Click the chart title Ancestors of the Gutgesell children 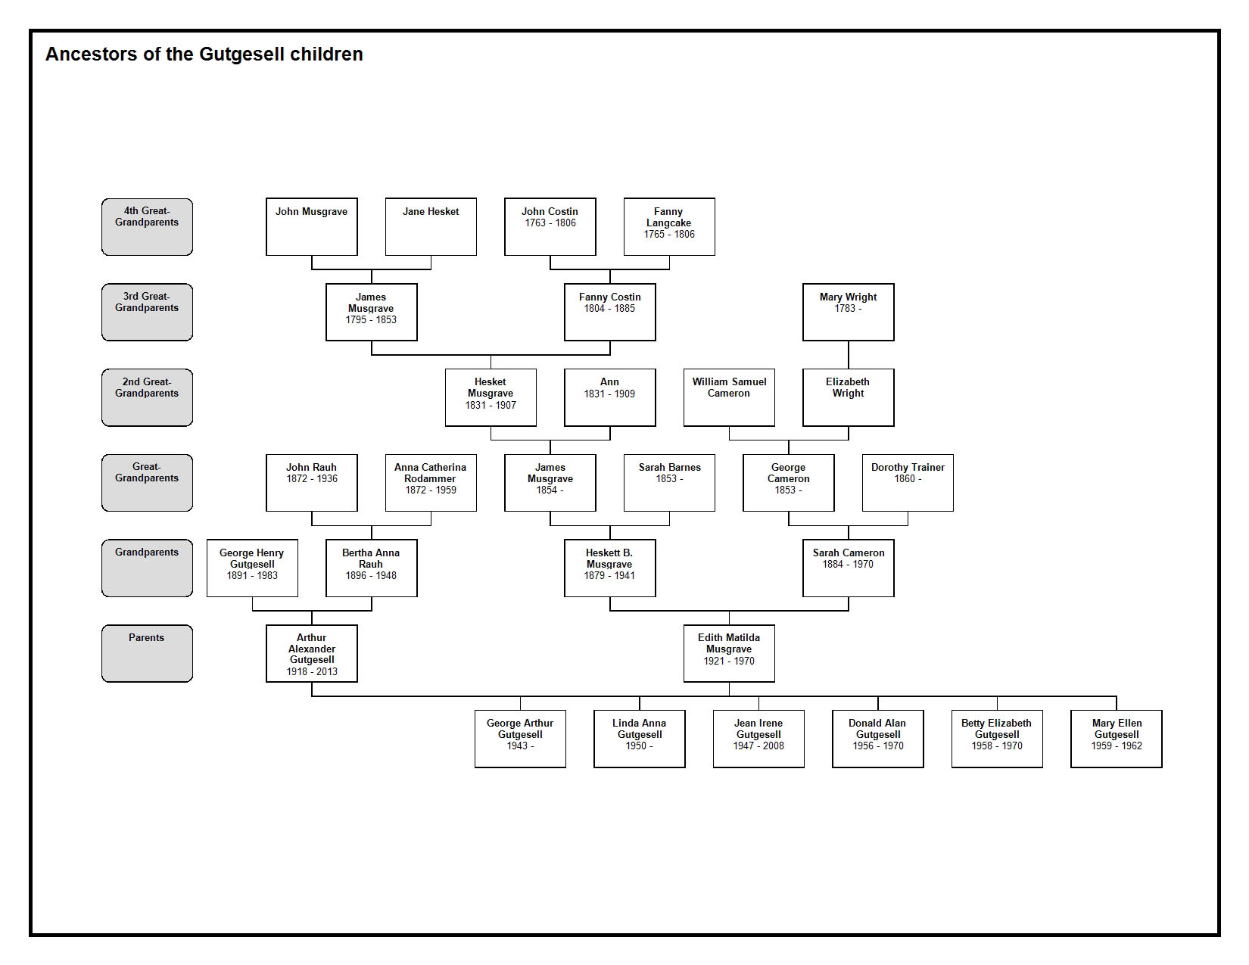click(x=204, y=54)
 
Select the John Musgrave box click(x=312, y=226)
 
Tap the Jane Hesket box click(x=431, y=226)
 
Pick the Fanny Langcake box click(x=669, y=226)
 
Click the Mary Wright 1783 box click(x=848, y=312)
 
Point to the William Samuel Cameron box click(x=729, y=397)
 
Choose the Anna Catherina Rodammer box click(x=431, y=482)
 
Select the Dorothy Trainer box click(x=908, y=482)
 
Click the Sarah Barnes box click(x=669, y=482)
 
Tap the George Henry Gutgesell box click(x=252, y=568)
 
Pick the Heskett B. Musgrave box click(x=610, y=568)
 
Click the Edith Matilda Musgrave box click(x=729, y=653)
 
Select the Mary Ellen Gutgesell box click(x=1117, y=739)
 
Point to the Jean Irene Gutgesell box click(x=758, y=739)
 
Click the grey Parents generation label click(x=147, y=653)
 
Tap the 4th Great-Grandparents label click(x=147, y=226)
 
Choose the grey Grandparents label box click(x=147, y=568)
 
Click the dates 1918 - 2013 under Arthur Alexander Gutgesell click(x=312, y=672)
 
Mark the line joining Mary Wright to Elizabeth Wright click(x=849, y=355)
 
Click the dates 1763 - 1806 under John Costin click(x=550, y=223)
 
